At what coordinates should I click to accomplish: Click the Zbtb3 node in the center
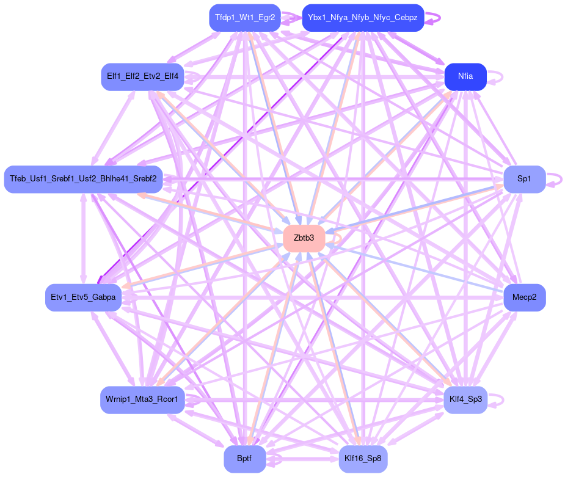click(304, 238)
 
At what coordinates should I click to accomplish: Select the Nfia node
click(465, 77)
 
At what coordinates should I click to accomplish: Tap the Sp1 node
click(524, 179)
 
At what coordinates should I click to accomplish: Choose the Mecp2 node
click(524, 297)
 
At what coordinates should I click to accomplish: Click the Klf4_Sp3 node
click(465, 399)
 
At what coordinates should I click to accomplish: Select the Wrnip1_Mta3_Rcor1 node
click(142, 400)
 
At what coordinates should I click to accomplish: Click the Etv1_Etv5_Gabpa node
click(84, 297)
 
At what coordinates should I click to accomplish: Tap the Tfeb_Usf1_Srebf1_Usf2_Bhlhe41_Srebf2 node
click(83, 179)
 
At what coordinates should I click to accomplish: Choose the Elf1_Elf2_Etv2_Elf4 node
click(142, 77)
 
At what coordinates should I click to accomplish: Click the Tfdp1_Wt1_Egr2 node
click(244, 18)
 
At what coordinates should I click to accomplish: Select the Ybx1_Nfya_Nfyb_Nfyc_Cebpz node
click(363, 18)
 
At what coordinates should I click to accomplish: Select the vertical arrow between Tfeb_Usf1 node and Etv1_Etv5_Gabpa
click(84, 238)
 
